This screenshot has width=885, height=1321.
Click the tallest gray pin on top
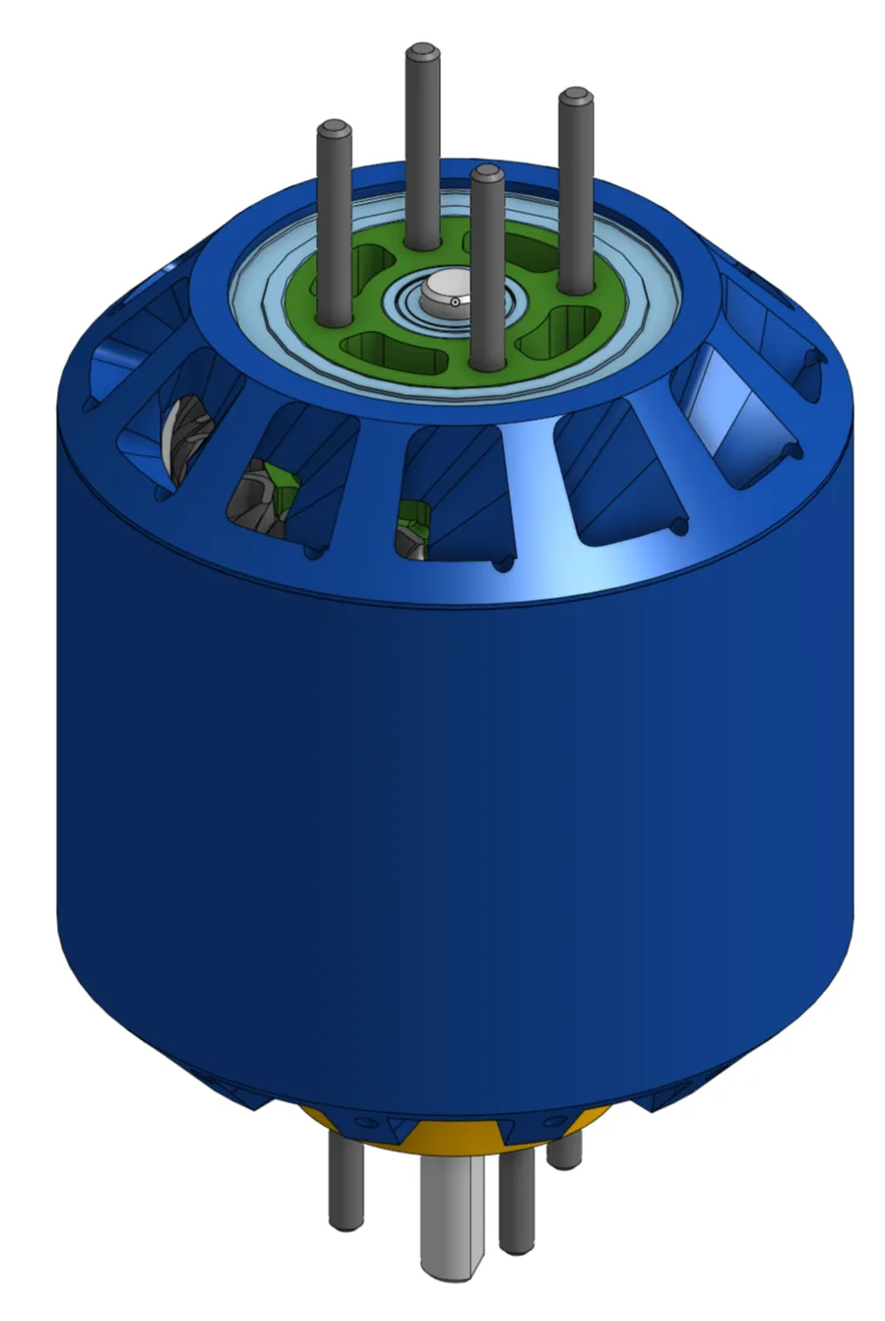(422, 148)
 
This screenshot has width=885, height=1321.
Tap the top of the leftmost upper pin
(334, 129)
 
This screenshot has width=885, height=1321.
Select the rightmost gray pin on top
(575, 187)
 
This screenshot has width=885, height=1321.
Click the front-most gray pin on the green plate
(487, 266)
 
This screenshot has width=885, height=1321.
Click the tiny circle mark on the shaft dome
(455, 302)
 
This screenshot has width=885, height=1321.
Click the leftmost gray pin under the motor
(345, 1182)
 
